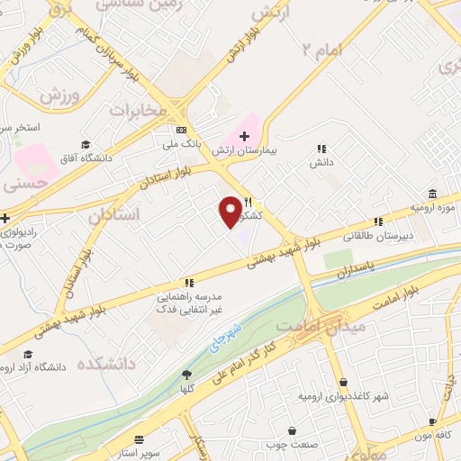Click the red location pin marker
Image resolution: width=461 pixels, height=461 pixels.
(x=231, y=211)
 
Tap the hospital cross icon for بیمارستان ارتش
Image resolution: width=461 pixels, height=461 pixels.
(x=244, y=135)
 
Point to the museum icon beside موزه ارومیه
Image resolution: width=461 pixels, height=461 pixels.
(x=433, y=194)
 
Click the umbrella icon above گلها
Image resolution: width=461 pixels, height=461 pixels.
(x=187, y=375)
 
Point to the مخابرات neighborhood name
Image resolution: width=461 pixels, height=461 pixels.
(x=139, y=110)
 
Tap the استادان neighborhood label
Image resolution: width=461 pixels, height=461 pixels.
(x=115, y=216)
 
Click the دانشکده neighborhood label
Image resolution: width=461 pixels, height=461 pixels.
(x=106, y=364)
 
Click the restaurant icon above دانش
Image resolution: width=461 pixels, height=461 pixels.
(x=321, y=149)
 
